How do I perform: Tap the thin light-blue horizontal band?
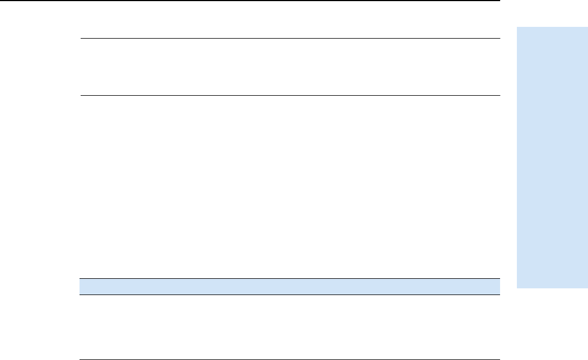(x=288, y=287)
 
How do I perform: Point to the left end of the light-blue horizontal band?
(x=79, y=287)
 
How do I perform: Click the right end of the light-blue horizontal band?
(x=498, y=287)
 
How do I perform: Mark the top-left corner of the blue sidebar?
(x=517, y=25)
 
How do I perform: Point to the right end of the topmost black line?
(x=498, y=1)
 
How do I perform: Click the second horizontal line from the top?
(x=290, y=39)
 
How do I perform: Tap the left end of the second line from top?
(x=81, y=39)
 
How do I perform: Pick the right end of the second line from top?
(x=498, y=39)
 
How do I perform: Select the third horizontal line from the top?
(x=290, y=95)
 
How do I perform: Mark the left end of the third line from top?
(x=81, y=95)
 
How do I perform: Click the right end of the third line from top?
(x=498, y=95)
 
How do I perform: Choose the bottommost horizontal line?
(x=288, y=359)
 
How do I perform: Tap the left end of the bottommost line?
(x=79, y=359)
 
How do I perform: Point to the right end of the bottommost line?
(x=498, y=359)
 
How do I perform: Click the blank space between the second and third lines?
(x=290, y=67)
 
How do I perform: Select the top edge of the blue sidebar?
(x=552, y=25)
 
